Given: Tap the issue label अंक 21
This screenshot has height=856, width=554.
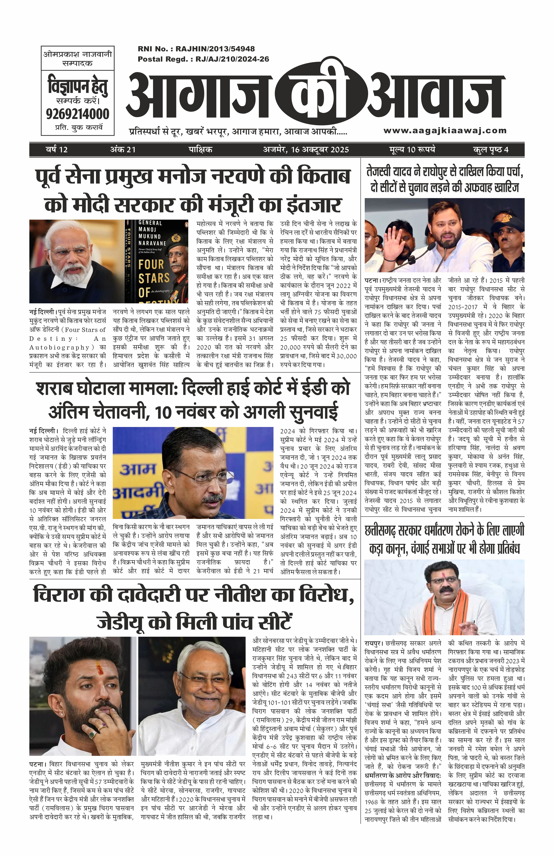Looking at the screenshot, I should pyautogui.click(x=123, y=150).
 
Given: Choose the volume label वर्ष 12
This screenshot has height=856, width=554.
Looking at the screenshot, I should pyautogui.click(x=57, y=150).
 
